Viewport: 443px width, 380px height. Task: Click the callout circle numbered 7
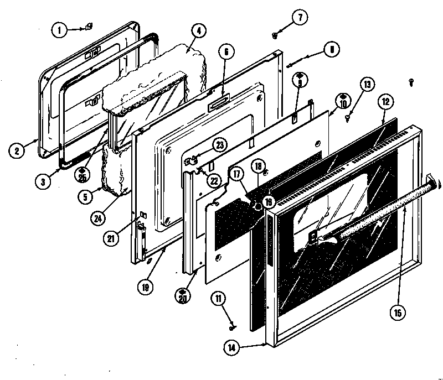point(299,17)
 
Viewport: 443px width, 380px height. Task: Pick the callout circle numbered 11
point(220,299)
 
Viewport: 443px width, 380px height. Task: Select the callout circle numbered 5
point(85,196)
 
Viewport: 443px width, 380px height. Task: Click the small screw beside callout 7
point(275,35)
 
